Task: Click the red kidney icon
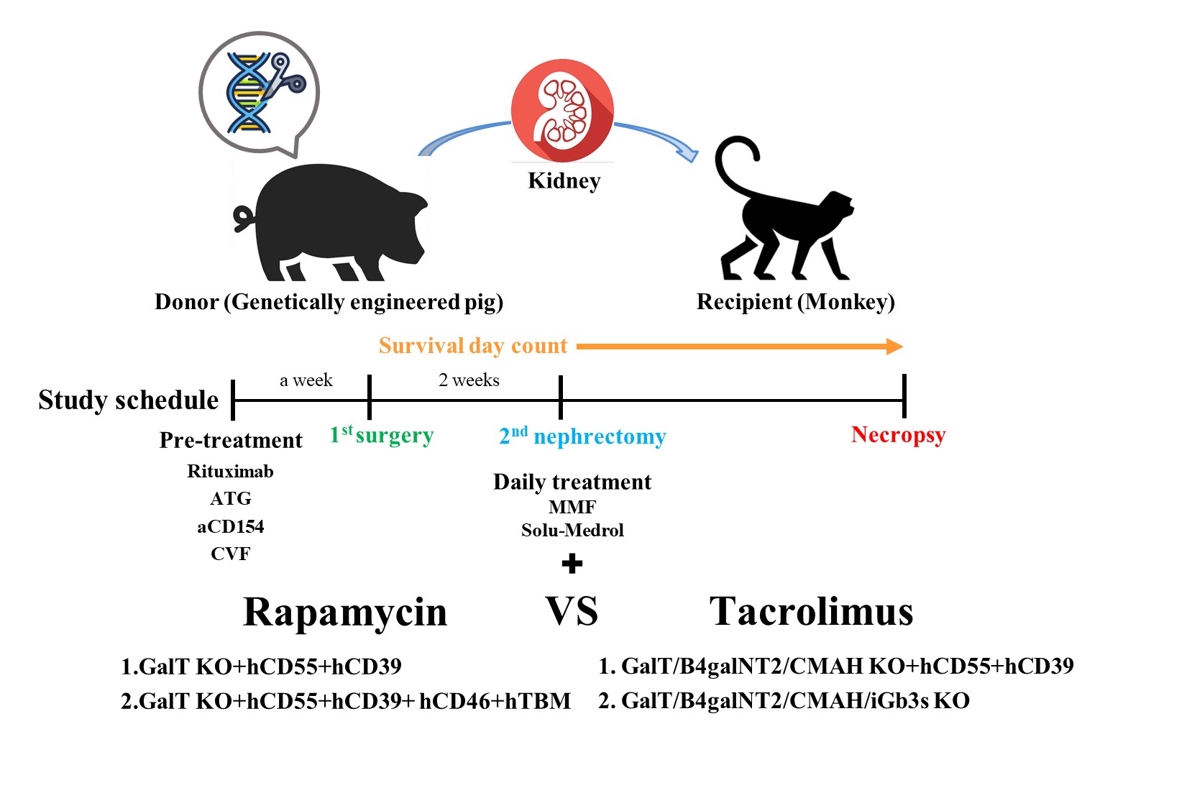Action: click(x=562, y=110)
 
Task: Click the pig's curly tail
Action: click(x=244, y=218)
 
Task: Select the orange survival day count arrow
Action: click(x=740, y=347)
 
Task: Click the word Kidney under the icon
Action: click(x=564, y=181)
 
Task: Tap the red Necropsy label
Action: click(x=898, y=435)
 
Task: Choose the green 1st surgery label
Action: click(x=382, y=435)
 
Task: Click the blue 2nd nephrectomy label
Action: click(x=582, y=436)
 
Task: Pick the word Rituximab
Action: click(x=230, y=472)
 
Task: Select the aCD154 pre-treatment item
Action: click(x=230, y=527)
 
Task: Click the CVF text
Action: click(x=230, y=554)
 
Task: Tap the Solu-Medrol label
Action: click(x=572, y=531)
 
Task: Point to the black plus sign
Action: click(x=572, y=564)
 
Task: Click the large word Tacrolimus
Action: click(x=811, y=612)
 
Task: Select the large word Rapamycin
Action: click(x=345, y=613)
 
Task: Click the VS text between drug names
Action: click(x=572, y=612)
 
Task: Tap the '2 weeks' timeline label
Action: click(x=469, y=380)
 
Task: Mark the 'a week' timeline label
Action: click(x=306, y=380)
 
